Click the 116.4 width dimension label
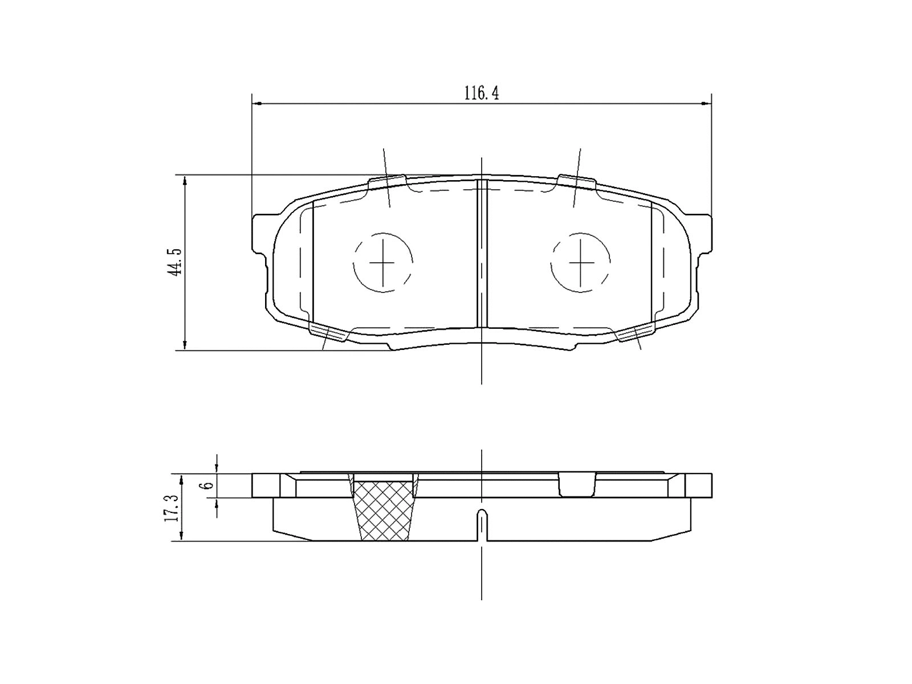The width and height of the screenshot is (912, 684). pos(481,94)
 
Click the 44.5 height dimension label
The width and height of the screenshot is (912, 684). pos(174,262)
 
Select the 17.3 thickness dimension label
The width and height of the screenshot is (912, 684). pos(172,508)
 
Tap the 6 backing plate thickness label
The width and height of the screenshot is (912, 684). pos(209,485)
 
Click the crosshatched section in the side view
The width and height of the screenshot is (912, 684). pos(384,510)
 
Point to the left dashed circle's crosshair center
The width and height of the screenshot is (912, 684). pos(382,262)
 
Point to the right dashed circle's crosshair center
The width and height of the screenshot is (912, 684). pos(580,262)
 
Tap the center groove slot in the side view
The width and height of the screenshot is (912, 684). pos(482,525)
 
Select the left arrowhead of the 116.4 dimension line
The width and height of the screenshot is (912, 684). pos(256,104)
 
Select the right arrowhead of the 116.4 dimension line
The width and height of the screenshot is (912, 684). pos(707,104)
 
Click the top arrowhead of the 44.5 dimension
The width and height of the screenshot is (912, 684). pos(185,180)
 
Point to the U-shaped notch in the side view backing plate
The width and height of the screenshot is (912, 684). pos(577,485)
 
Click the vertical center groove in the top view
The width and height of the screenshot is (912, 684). pos(482,254)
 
